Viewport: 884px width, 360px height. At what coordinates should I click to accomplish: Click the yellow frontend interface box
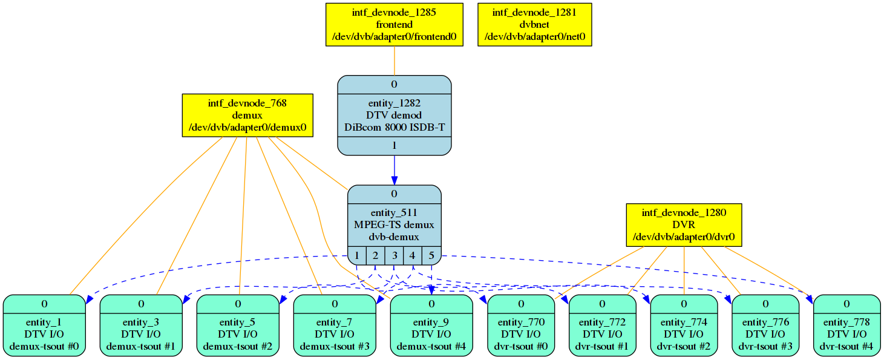click(x=395, y=24)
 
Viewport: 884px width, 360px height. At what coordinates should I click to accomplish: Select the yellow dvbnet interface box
click(x=535, y=24)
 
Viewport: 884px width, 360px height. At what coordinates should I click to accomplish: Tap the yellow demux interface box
click(x=247, y=116)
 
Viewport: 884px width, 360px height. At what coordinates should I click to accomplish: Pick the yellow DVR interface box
click(x=684, y=225)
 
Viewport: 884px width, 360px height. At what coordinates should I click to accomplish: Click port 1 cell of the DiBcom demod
click(x=395, y=146)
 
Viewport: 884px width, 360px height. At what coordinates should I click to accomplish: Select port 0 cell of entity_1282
click(x=395, y=85)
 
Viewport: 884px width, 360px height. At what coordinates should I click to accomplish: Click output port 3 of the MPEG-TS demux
click(x=394, y=255)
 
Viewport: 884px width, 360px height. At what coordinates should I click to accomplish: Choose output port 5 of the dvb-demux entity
click(x=431, y=255)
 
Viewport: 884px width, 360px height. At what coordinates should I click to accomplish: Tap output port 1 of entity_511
click(x=357, y=255)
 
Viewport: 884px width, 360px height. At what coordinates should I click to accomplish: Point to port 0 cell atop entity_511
click(x=395, y=194)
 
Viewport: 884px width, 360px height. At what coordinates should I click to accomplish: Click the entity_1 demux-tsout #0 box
click(x=44, y=326)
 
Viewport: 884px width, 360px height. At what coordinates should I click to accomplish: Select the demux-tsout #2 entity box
click(x=238, y=326)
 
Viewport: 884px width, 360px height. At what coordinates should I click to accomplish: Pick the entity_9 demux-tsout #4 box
click(x=431, y=326)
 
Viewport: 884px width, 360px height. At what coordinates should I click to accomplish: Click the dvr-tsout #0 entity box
click(x=521, y=326)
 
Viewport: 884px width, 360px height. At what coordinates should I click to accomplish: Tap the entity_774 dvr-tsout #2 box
click(x=684, y=326)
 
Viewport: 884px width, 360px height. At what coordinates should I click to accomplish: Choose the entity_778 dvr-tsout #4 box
click(x=847, y=326)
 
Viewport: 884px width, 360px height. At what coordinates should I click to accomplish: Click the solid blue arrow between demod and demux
click(x=395, y=170)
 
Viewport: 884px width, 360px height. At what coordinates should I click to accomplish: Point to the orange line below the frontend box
click(x=395, y=61)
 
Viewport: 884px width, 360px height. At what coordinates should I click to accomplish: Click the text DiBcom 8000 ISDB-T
click(x=395, y=128)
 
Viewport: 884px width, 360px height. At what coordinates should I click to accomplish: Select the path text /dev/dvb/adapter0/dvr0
click(x=684, y=237)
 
